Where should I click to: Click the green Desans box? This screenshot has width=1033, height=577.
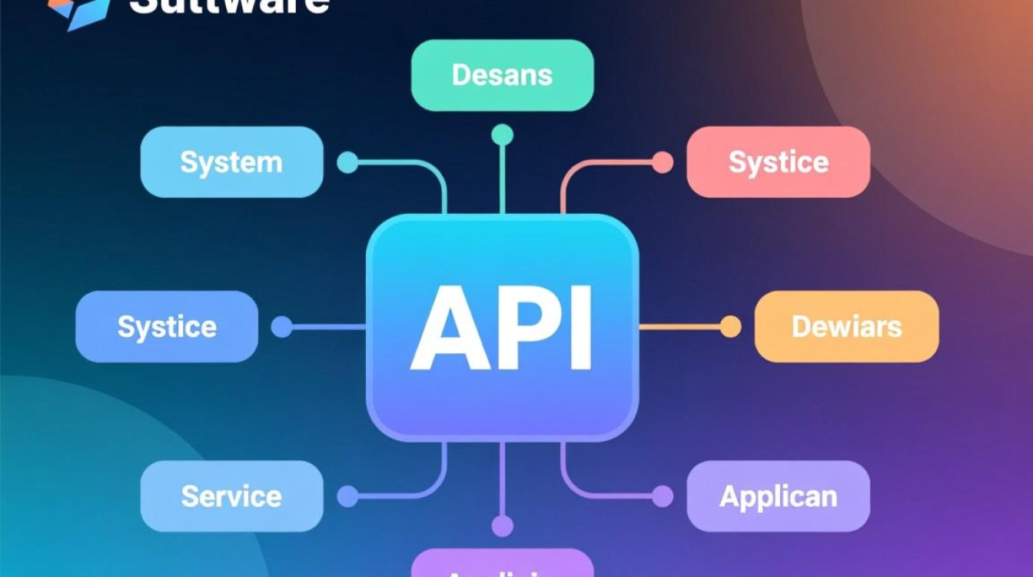click(502, 75)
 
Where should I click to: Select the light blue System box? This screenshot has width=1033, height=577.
click(231, 162)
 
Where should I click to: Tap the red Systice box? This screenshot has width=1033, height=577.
click(778, 162)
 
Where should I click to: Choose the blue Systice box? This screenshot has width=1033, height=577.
click(167, 327)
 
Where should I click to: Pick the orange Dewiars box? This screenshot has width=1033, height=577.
click(846, 327)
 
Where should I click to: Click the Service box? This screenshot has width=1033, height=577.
click(231, 496)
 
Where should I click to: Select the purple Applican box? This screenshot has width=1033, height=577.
click(778, 496)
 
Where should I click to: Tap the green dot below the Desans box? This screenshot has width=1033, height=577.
click(502, 135)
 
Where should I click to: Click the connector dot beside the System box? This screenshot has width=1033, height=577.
click(347, 162)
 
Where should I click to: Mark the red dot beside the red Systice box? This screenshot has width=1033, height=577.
click(663, 162)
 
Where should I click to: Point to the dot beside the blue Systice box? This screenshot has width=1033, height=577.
click(281, 327)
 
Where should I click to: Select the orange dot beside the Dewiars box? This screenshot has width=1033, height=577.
click(730, 327)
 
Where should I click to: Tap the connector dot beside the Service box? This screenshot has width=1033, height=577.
click(347, 496)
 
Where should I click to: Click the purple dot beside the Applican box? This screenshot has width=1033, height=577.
click(663, 496)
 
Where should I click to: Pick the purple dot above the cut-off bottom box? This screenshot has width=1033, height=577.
click(502, 526)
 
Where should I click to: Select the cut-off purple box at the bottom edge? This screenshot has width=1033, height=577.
click(502, 565)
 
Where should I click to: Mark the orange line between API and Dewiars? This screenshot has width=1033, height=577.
click(679, 327)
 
